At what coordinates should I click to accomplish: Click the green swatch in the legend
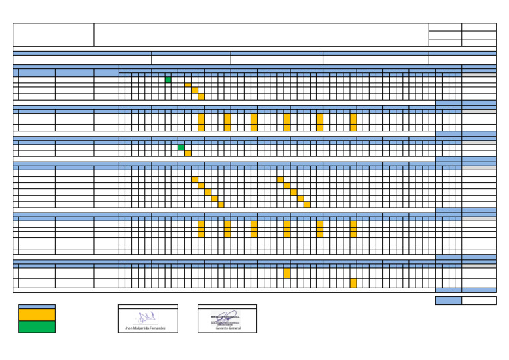click(36, 326)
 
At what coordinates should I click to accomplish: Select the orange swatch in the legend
click(36, 314)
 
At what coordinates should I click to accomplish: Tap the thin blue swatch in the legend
click(36, 306)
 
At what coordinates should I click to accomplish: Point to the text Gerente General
click(227, 328)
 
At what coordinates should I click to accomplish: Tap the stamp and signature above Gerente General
click(226, 317)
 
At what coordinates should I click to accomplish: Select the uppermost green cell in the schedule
click(168, 80)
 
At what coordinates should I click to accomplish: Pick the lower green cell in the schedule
click(181, 147)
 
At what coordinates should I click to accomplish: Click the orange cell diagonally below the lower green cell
click(188, 153)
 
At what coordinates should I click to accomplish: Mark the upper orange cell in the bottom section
click(287, 272)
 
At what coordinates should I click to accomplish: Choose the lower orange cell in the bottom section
click(353, 283)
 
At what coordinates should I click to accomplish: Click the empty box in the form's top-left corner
click(54, 35)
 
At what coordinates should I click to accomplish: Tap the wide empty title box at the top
click(261, 35)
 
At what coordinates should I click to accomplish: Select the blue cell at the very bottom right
click(448, 300)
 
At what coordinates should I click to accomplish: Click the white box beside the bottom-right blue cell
click(479, 300)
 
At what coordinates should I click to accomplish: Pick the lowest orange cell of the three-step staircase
click(201, 97)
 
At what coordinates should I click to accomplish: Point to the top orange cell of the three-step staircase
click(188, 85)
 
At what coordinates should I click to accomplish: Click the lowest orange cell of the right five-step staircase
click(307, 204)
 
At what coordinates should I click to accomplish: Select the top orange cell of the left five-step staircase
click(194, 180)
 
